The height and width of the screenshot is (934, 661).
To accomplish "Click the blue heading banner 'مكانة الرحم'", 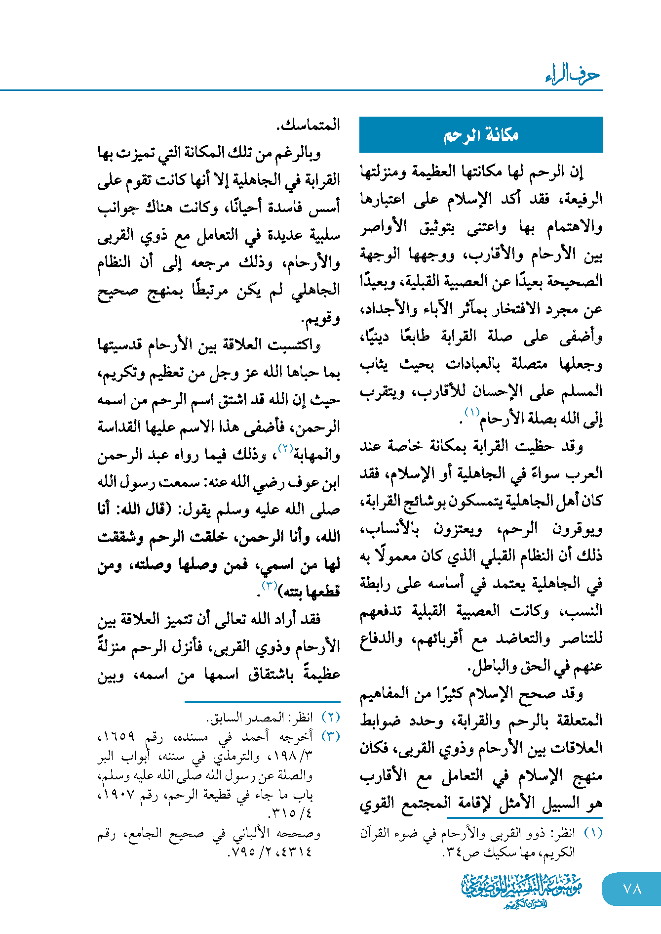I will pos(481,134).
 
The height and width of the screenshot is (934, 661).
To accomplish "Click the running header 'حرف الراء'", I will pos(573,75).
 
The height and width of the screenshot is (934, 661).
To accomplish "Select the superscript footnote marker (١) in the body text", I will pos(472,412).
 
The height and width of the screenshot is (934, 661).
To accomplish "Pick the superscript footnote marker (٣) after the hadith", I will pos(269,586).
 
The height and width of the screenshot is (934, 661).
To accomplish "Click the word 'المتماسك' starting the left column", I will pos(310,124).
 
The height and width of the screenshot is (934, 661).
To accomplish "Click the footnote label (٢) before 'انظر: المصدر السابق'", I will pos(330,717).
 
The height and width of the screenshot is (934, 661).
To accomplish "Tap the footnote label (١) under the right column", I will pos(593,833).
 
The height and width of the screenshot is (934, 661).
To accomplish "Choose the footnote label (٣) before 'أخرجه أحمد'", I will pos(330,736).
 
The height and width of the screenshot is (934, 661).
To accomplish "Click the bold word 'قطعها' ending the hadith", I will pos(323,591).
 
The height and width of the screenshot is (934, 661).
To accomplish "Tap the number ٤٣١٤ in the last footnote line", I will pos(297,852).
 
